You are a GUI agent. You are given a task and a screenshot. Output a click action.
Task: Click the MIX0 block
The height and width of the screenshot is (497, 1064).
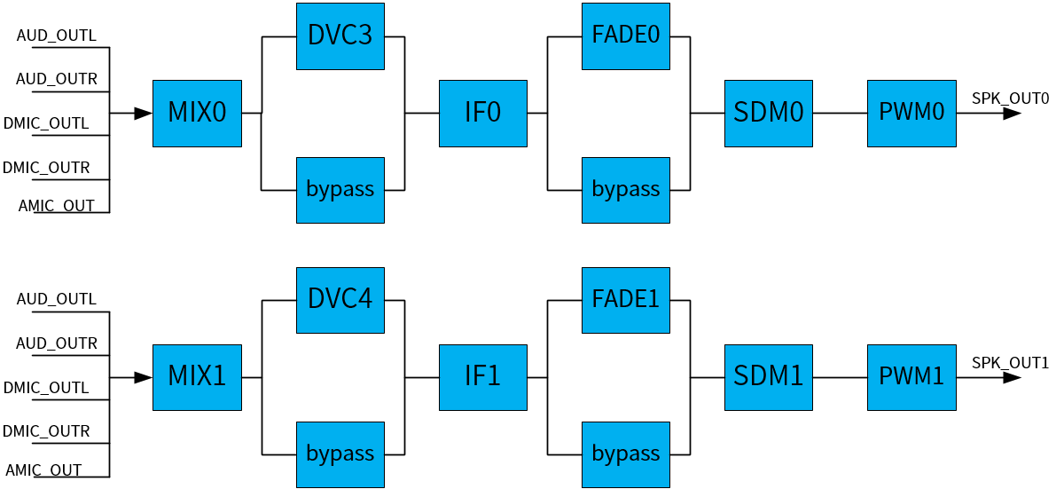(197, 113)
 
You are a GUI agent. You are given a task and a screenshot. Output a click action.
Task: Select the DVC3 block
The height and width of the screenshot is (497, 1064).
(340, 36)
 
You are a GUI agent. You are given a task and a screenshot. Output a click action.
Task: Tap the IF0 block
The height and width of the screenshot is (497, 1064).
(483, 113)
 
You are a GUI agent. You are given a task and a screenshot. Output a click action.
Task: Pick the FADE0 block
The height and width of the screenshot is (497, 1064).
(626, 36)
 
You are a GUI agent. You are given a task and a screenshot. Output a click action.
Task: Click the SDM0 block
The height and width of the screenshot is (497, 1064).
(769, 113)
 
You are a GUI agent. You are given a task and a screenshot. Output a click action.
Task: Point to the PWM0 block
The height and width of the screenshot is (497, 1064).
(911, 113)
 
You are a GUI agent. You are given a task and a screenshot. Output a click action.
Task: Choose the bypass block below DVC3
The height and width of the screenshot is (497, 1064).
(340, 190)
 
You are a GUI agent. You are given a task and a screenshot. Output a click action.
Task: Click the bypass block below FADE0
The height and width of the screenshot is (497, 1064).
(626, 190)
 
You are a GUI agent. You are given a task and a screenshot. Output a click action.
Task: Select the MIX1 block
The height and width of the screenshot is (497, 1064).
(197, 377)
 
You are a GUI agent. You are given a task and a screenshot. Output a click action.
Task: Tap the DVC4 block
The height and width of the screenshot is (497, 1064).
(340, 300)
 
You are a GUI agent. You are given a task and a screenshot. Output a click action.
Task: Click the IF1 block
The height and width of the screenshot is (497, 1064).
(483, 377)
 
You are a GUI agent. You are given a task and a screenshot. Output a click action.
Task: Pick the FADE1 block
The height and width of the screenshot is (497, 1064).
(626, 300)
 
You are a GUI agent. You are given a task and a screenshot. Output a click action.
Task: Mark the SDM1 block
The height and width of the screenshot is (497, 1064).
(769, 377)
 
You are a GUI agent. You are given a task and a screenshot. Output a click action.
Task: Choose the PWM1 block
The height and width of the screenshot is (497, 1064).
(911, 377)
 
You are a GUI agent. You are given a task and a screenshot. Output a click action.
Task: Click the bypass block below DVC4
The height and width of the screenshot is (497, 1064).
(340, 454)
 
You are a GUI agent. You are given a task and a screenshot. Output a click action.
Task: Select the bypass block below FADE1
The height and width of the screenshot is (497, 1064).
(626, 454)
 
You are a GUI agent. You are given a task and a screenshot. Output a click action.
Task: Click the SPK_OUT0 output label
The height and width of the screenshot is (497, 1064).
(1010, 98)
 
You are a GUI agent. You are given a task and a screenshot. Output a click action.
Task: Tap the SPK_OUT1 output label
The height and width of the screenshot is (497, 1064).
(1010, 362)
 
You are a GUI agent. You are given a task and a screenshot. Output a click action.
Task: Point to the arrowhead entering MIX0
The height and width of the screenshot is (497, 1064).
(143, 113)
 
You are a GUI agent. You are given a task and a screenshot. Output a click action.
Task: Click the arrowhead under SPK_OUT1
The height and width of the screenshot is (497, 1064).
(1012, 377)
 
